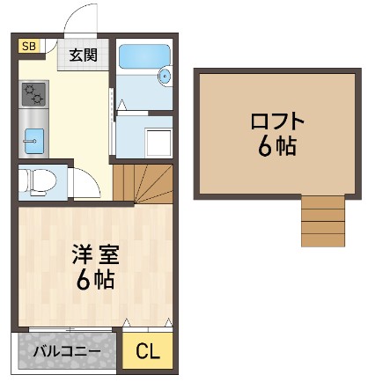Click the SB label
(27, 47)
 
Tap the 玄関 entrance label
(84, 55)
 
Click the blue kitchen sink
(33, 137)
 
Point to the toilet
(38, 181)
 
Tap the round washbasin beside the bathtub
(165, 77)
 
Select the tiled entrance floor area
(85, 56)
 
